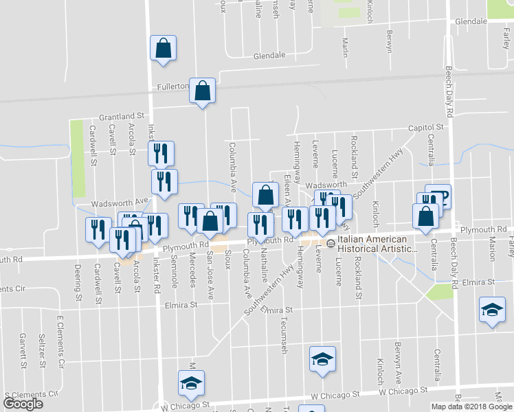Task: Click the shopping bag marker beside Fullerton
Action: pyautogui.click(x=202, y=91)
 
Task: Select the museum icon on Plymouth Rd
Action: pyautogui.click(x=330, y=243)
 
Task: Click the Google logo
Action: pyautogui.click(x=23, y=403)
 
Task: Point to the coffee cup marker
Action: pyautogui.click(x=438, y=197)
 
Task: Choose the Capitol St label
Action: pyautogui.click(x=426, y=128)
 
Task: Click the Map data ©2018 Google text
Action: pyautogui.click(x=471, y=407)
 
